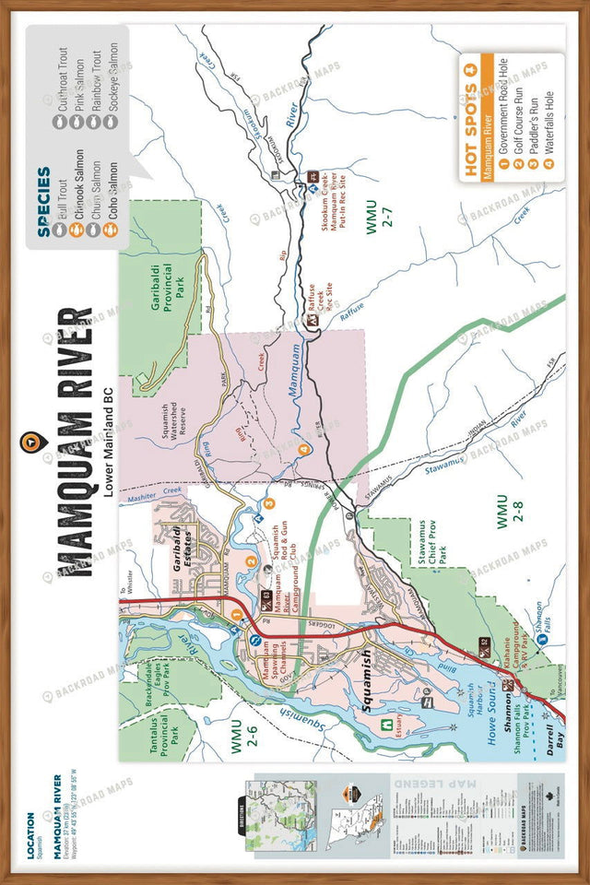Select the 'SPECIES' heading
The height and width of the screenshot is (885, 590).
tap(43, 202)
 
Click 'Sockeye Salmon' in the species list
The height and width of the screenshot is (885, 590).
tap(113, 77)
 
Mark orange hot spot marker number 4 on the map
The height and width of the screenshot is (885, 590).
tap(303, 450)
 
